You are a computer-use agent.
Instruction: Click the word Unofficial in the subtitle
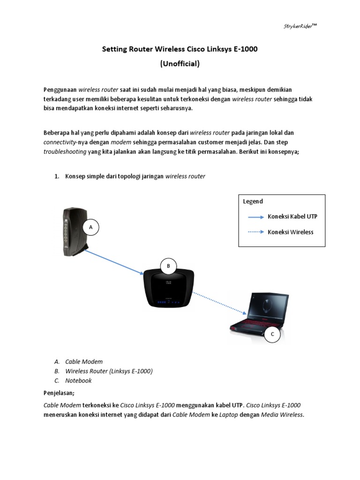[x=180, y=64]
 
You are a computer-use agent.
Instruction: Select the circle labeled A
[x=91, y=227]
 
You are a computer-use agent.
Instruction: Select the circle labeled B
[x=168, y=266]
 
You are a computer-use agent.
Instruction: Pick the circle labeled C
[x=272, y=334]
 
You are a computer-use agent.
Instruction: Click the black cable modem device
[x=74, y=231]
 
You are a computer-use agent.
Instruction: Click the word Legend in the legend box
[x=253, y=202]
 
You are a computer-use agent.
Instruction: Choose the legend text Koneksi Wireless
[x=291, y=232]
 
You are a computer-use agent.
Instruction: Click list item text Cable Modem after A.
[x=84, y=361]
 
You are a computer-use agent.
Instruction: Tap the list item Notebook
[x=78, y=381]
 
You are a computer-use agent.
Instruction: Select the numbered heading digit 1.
[x=57, y=176]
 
